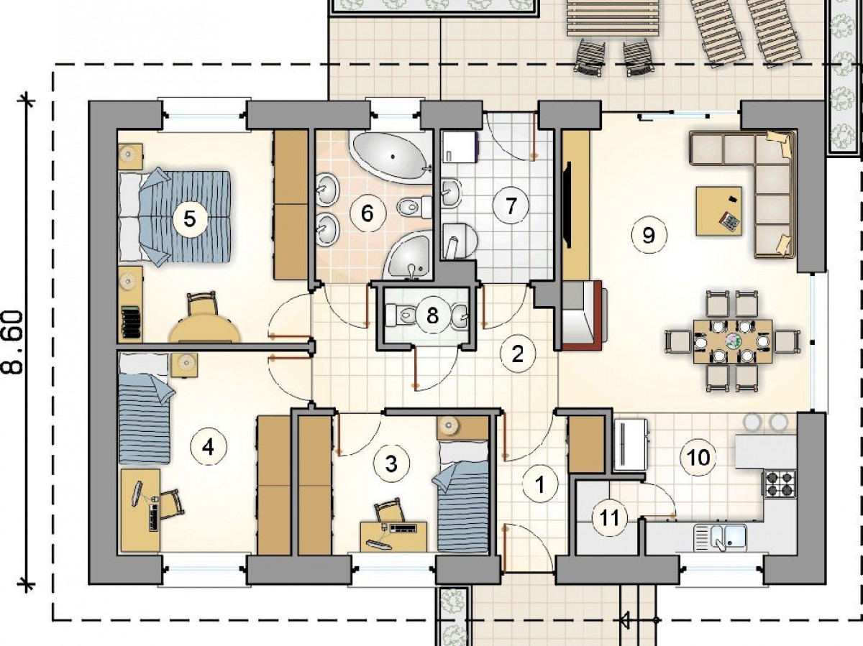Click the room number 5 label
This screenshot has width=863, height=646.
[x=190, y=219]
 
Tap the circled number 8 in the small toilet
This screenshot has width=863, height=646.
[x=432, y=315]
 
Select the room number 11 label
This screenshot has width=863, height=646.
[x=610, y=517]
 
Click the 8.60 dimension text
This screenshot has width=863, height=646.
[x=14, y=342]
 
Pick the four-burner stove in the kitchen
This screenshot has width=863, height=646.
[x=780, y=484]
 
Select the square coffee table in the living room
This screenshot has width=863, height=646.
[x=718, y=211]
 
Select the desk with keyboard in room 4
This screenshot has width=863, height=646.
[x=140, y=510]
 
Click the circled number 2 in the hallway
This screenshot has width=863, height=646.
[x=518, y=354]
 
